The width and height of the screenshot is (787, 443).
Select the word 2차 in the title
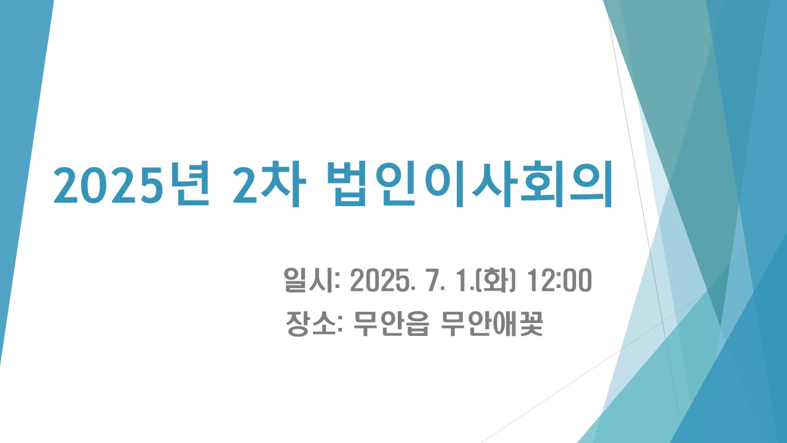[x=269, y=183]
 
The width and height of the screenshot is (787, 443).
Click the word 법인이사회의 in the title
[x=470, y=184]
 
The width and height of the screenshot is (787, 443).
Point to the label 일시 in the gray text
[x=309, y=280]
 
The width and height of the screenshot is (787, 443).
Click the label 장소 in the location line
[x=310, y=324]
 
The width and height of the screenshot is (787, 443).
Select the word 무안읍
[x=390, y=324]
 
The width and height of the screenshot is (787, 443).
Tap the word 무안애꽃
[x=492, y=324]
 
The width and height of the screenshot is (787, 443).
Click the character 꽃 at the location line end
[x=531, y=324]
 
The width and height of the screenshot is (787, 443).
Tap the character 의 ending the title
[x=591, y=184]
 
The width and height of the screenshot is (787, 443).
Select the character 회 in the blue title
[x=542, y=184]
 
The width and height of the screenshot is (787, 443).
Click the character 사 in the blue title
[x=491, y=184]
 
